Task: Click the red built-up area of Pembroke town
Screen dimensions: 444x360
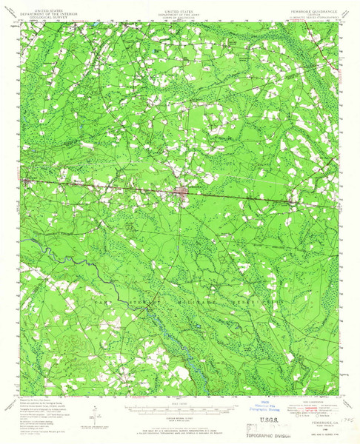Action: tap(181, 192)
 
